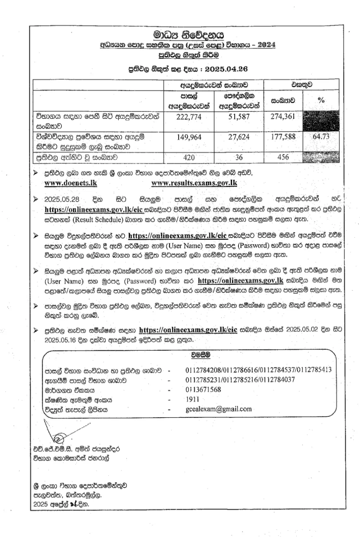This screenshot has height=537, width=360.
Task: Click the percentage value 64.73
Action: click(322, 137)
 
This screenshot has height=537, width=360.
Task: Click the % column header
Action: click(322, 101)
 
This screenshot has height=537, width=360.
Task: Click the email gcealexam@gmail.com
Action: click(219, 409)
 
